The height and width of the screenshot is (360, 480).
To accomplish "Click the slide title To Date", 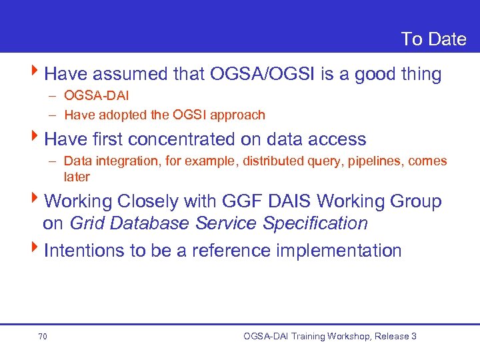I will coord(433,39).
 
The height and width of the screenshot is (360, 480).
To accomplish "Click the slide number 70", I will coord(43,337).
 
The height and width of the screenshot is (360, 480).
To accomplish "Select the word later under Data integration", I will coord(77,177).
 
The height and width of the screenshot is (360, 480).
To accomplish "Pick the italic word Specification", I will coord(315,223).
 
